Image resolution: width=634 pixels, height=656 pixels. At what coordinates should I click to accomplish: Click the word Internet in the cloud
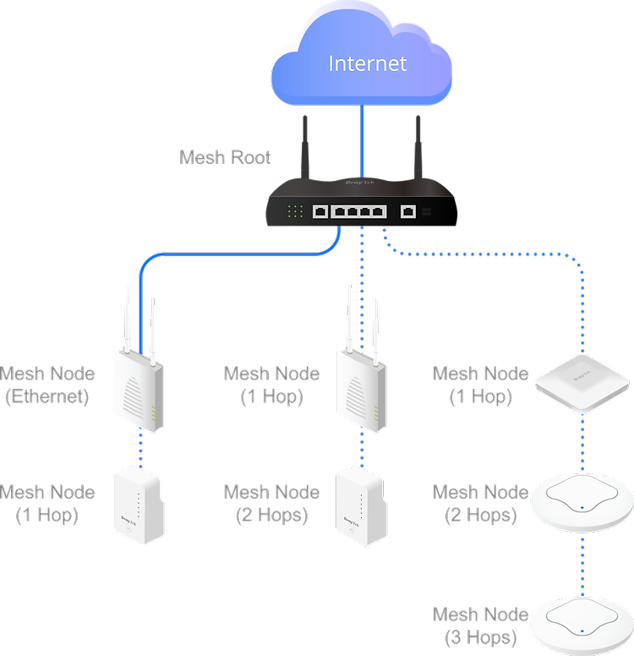click(367, 63)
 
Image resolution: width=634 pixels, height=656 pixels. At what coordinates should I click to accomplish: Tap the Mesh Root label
click(225, 157)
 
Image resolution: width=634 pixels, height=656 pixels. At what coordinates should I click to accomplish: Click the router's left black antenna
click(305, 147)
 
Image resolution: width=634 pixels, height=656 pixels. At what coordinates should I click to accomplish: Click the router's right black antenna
click(418, 147)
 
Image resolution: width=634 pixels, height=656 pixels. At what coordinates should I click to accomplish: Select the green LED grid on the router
click(295, 211)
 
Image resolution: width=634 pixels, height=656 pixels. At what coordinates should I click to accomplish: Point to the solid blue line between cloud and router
click(362, 140)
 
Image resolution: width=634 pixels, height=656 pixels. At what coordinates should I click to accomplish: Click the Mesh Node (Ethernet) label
click(47, 385)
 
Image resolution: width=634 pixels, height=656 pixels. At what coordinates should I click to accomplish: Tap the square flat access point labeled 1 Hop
click(582, 383)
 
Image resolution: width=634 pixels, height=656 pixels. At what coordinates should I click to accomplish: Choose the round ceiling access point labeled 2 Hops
click(582, 502)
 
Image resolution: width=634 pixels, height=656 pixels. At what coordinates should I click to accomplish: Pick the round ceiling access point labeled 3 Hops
click(582, 626)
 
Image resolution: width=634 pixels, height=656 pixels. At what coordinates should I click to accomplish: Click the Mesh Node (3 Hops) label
click(480, 626)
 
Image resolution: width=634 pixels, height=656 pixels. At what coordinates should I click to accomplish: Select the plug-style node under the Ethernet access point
click(139, 506)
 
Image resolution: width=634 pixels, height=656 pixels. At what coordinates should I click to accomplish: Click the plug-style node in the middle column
click(362, 507)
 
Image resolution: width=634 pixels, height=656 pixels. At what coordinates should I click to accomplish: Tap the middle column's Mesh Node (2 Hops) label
click(271, 503)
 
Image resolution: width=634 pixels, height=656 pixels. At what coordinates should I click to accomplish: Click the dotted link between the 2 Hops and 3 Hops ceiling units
click(582, 566)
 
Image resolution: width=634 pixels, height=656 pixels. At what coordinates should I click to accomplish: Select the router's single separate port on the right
click(408, 211)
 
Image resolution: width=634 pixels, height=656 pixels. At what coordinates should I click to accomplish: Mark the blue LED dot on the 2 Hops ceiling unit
click(582, 508)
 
